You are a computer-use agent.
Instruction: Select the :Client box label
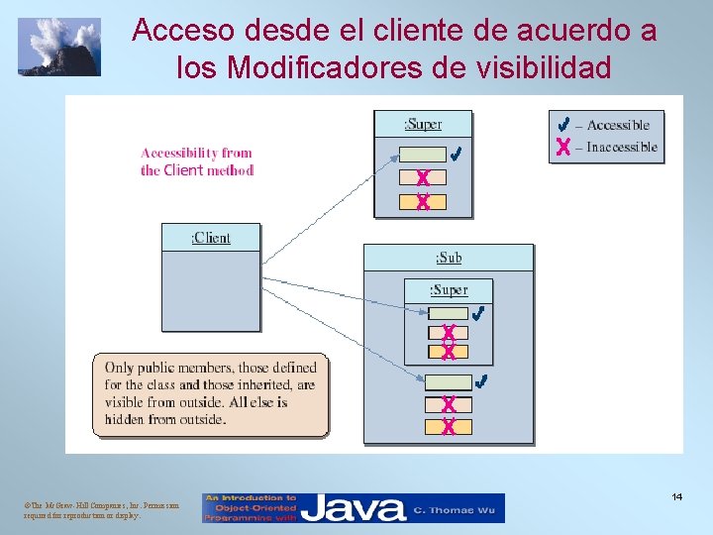coord(211,238)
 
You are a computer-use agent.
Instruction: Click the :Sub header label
coord(449,258)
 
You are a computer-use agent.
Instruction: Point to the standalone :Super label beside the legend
coord(423,124)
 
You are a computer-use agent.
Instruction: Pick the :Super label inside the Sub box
coord(449,289)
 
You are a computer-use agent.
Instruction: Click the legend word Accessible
coord(618,125)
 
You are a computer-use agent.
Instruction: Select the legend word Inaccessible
coord(622,147)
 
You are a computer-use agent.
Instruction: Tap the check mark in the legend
coord(562,125)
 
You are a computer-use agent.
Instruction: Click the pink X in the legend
coord(562,148)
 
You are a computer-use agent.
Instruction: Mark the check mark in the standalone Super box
coord(456,155)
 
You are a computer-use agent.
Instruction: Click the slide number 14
coord(677,496)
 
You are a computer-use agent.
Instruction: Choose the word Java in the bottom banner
coord(354,509)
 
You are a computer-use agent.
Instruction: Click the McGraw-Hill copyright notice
coord(83,510)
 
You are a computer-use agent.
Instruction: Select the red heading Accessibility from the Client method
coord(197,161)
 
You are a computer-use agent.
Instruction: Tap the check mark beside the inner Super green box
coord(478,313)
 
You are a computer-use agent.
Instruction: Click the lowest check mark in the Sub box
coord(481,381)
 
